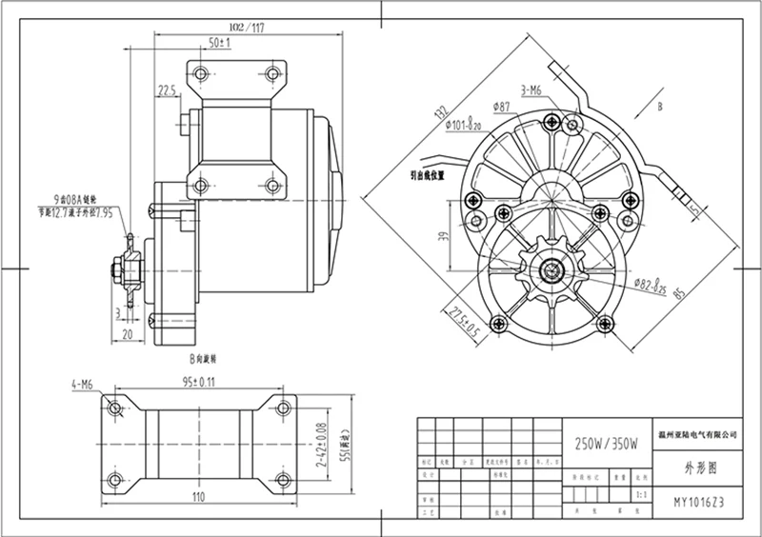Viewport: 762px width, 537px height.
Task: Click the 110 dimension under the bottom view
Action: [x=198, y=497]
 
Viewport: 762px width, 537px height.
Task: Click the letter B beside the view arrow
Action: [x=659, y=109]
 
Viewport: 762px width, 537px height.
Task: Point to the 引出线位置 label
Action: [x=428, y=175]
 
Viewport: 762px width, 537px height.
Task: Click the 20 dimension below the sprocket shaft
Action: [x=127, y=334]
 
